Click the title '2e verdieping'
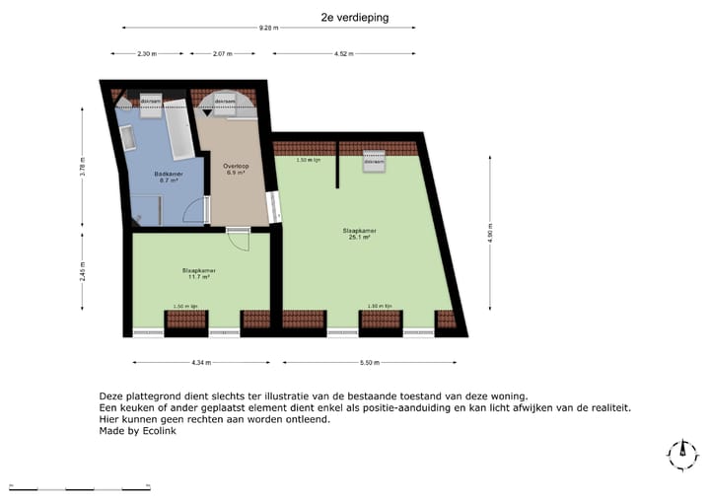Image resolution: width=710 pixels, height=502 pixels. click(x=354, y=18)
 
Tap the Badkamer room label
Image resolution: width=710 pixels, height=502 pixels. click(x=166, y=178)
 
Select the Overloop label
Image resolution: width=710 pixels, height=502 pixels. click(x=236, y=169)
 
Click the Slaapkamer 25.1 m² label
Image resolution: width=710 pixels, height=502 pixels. click(x=360, y=234)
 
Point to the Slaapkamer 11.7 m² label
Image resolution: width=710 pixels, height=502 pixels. click(x=199, y=273)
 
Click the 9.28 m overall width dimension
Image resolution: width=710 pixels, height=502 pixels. click(x=267, y=29)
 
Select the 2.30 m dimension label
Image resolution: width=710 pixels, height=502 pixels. click(x=147, y=53)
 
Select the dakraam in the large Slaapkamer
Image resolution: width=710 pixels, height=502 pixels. click(x=373, y=161)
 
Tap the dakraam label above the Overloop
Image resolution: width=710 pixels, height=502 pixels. click(x=226, y=101)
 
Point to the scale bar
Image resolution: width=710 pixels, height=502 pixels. click(x=79, y=486)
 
